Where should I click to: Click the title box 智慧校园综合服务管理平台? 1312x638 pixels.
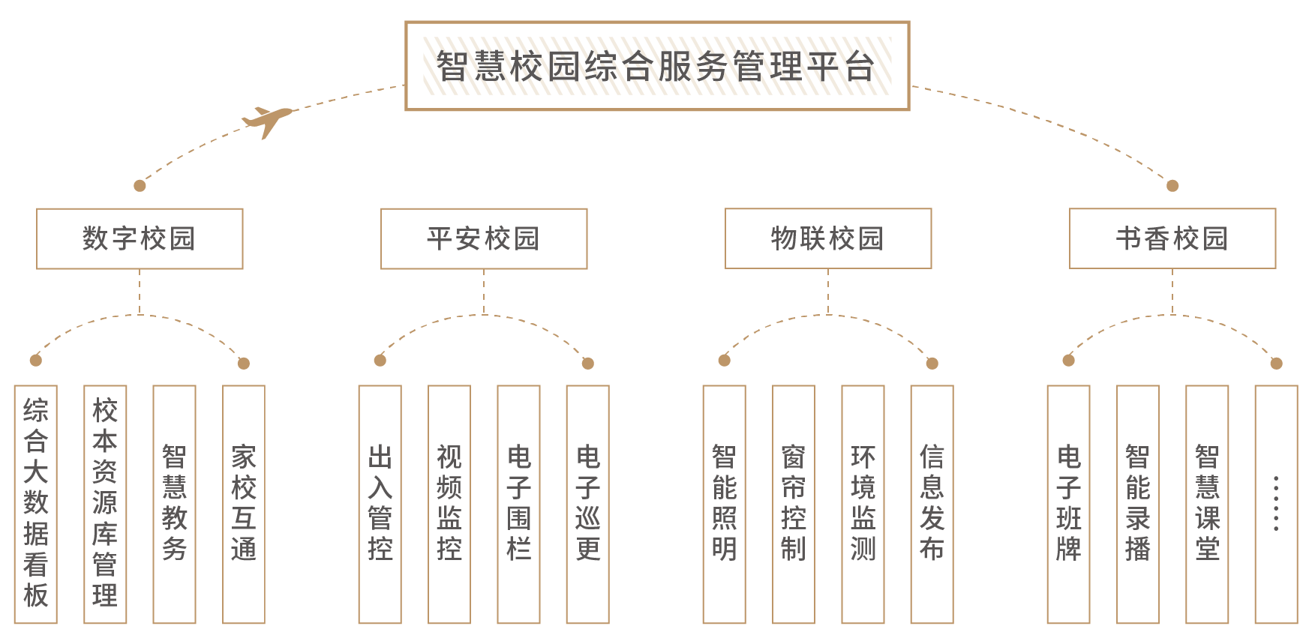656,66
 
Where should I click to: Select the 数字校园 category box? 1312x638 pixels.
140,238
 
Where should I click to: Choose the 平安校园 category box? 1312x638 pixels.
484,238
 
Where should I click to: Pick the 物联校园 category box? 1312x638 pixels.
828,238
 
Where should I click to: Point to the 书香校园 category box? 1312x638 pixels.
1172,238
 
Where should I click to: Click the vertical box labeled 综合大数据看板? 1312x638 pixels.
35,504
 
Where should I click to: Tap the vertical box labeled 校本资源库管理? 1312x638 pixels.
105,504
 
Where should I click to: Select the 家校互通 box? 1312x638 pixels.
244,504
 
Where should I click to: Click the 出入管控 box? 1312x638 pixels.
380,504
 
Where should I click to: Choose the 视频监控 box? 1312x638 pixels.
449,504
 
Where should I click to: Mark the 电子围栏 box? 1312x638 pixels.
518,504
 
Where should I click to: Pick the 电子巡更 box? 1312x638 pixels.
587,504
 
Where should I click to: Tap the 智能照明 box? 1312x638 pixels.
724,504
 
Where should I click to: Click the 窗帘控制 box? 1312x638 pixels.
794,504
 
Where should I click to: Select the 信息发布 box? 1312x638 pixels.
932,504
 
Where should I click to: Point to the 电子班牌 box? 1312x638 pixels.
1068,504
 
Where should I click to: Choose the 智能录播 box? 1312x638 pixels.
1138,504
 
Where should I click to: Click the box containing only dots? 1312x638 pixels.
1276,504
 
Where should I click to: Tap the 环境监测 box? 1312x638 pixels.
863,504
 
